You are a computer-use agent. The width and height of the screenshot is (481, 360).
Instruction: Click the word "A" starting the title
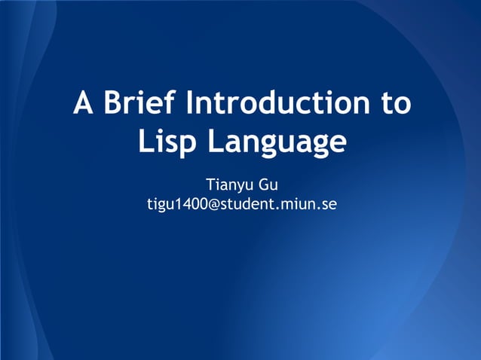point(83,103)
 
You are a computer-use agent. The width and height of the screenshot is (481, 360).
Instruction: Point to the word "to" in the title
point(394,104)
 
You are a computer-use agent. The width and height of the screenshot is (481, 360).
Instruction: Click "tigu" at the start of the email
point(158,204)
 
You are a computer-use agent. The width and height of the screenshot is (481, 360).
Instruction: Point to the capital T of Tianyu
point(210,185)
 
